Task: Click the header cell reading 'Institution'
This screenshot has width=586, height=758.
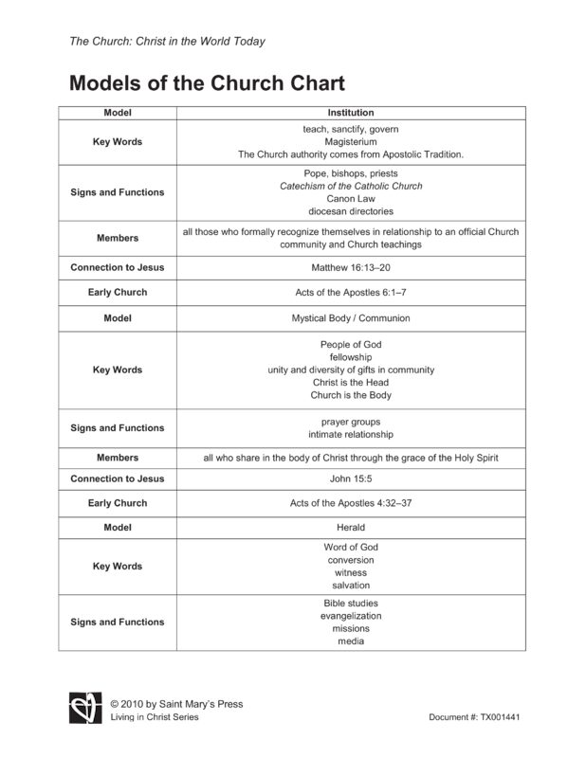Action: pyautogui.click(x=350, y=113)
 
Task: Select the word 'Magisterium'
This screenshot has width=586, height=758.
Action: pyautogui.click(x=350, y=141)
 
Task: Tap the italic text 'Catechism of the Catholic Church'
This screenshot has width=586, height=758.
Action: pyautogui.click(x=350, y=186)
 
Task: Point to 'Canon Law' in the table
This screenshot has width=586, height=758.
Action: pyautogui.click(x=350, y=199)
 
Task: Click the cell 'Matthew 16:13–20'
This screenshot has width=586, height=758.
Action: pyautogui.click(x=350, y=267)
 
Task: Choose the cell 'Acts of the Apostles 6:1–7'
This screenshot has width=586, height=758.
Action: pyautogui.click(x=350, y=293)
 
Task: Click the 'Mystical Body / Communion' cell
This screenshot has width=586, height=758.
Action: pyautogui.click(x=350, y=318)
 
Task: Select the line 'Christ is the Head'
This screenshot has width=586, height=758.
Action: pyautogui.click(x=350, y=383)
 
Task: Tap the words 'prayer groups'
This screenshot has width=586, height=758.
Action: pyautogui.click(x=350, y=422)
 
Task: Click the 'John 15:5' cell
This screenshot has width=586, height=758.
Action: pyautogui.click(x=350, y=479)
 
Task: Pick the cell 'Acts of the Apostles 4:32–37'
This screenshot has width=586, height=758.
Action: pyautogui.click(x=350, y=503)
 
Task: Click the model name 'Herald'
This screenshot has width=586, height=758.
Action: pyautogui.click(x=350, y=527)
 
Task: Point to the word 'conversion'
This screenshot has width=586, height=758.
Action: pyautogui.click(x=350, y=560)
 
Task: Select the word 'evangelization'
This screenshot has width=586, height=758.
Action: pyautogui.click(x=350, y=616)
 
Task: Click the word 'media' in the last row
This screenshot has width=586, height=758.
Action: pyautogui.click(x=350, y=641)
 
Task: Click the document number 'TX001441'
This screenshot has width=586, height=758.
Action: pyautogui.click(x=502, y=717)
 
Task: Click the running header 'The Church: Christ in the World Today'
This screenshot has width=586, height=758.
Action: pyautogui.click(x=167, y=42)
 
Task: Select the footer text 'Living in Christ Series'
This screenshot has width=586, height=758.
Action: pyautogui.click(x=155, y=717)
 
